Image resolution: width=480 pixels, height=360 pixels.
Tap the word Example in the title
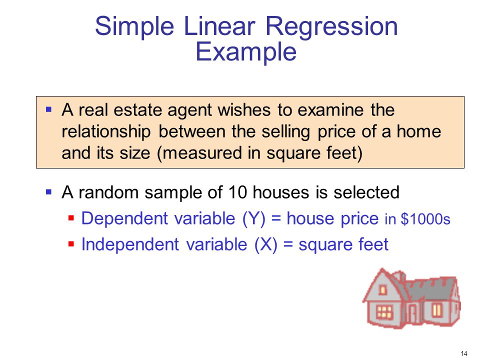pos(246,52)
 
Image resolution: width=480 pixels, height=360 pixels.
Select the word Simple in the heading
pos(134,27)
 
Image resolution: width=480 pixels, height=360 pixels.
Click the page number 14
pos(464,353)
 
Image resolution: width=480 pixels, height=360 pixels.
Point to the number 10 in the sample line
pos(237,192)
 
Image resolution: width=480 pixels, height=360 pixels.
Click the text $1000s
pos(425,219)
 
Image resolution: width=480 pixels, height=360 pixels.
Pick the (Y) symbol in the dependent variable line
pos(254,219)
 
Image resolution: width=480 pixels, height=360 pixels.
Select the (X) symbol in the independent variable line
pos(265,245)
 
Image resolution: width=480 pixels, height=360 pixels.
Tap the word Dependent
pos(124,219)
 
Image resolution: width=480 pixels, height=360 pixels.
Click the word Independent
pos(130,245)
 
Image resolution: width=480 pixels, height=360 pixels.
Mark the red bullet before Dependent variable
pos(71,218)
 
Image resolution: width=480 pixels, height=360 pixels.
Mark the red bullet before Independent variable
pos(71,244)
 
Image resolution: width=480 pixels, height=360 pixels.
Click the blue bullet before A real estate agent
pos(48,109)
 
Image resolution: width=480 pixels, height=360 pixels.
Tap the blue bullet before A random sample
pos(48,192)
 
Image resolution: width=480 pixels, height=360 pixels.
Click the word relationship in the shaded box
pos(106,132)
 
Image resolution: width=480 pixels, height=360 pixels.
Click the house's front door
pos(412,314)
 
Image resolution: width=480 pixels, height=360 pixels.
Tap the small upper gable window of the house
pos(382,289)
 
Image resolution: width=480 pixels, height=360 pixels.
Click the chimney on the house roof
pos(399,276)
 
